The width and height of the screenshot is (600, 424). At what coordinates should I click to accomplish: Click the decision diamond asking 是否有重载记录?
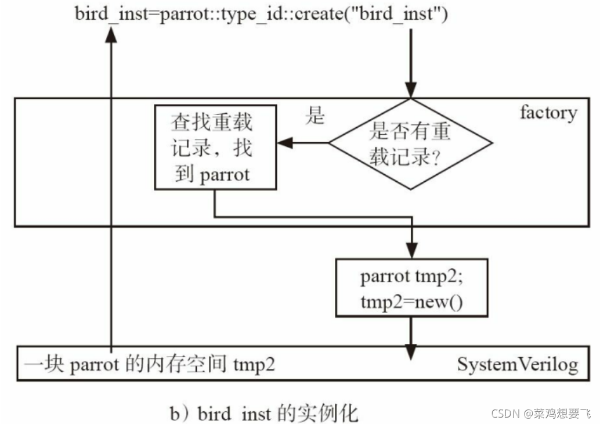[410, 143]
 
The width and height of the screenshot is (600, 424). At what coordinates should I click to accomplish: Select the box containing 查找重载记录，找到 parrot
[215, 148]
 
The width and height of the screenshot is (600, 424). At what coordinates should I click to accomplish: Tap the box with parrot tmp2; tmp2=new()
[411, 288]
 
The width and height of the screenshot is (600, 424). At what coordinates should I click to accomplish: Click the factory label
[548, 112]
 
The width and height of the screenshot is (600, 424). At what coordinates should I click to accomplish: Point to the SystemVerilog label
[517, 364]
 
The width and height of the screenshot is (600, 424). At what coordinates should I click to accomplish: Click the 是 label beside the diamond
[315, 116]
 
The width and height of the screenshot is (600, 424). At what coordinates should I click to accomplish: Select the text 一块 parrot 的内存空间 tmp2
[149, 365]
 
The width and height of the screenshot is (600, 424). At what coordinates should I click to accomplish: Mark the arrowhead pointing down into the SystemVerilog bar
[411, 350]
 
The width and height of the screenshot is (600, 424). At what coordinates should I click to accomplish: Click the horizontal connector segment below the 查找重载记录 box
[313, 217]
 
